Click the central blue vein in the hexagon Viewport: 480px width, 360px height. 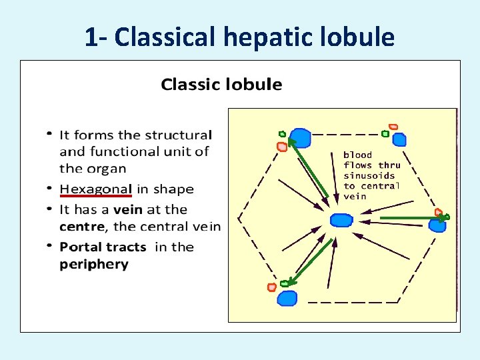pyautogui.click(x=341, y=220)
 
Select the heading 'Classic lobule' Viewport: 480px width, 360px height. pyautogui.click(x=221, y=85)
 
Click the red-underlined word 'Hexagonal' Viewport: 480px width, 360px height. pyautogui.click(x=95, y=189)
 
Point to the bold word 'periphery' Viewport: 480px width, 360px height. pyautogui.click(x=93, y=264)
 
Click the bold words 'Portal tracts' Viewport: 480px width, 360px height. pyautogui.click(x=103, y=247)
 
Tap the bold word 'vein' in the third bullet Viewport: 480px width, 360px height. pyautogui.click(x=127, y=209)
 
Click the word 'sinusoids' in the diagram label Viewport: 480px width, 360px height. pyautogui.click(x=369, y=175)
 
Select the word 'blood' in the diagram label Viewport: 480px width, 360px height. pyautogui.click(x=357, y=155)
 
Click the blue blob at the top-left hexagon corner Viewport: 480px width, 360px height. pyautogui.click(x=301, y=138)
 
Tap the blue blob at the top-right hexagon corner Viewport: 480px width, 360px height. pyautogui.click(x=399, y=139)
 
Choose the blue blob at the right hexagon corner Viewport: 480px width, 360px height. pyautogui.click(x=437, y=225)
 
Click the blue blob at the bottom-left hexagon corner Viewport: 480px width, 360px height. pyautogui.click(x=287, y=297)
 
